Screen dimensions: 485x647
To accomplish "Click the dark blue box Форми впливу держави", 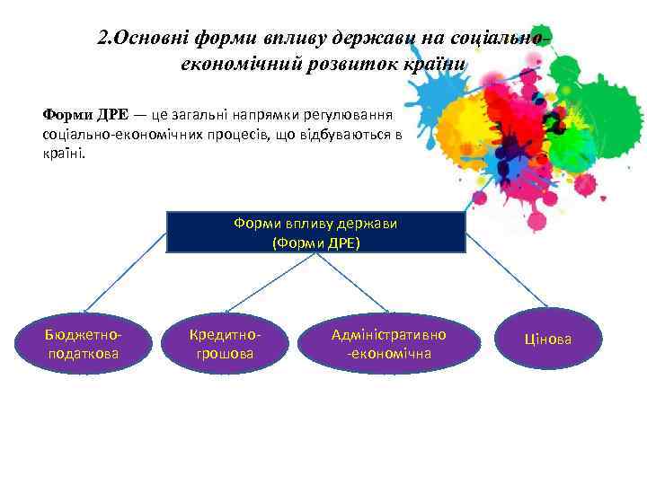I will pos(315,233).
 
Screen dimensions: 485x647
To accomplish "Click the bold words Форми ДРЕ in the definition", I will pos(85,115).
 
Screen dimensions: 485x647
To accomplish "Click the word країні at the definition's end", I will pos(63,152).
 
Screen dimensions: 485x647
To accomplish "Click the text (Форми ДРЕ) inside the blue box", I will pos(315,242).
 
